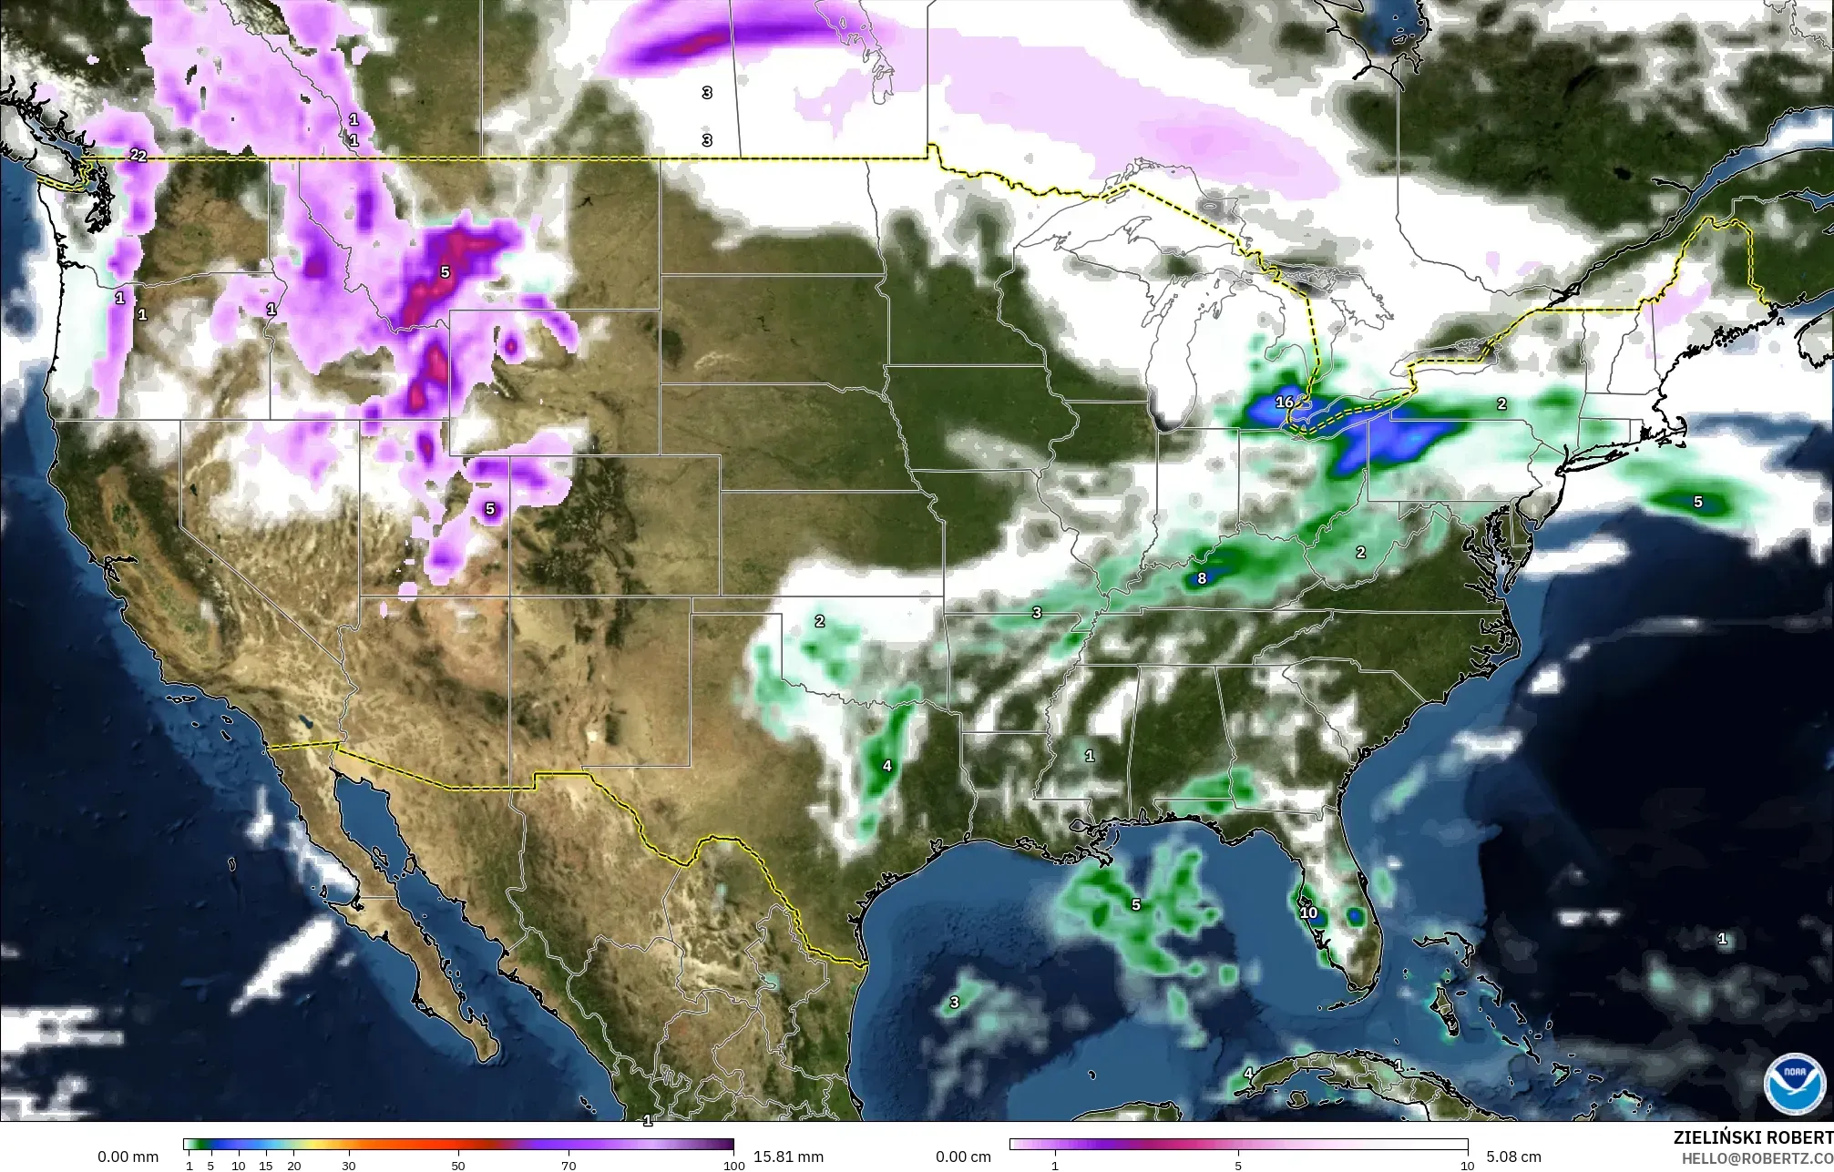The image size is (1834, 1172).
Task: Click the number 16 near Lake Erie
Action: click(x=1285, y=402)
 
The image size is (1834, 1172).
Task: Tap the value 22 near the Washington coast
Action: click(x=138, y=155)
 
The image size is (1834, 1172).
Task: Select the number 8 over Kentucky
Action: click(x=1202, y=578)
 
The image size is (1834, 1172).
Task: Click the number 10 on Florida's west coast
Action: click(x=1308, y=912)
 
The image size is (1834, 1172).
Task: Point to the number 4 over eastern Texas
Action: click(x=886, y=766)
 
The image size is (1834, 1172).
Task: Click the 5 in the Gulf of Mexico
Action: click(x=1135, y=904)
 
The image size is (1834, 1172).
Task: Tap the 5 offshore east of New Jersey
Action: click(x=1697, y=502)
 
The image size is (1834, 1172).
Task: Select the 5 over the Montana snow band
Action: click(x=445, y=272)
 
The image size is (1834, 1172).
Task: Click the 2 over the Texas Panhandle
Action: click(x=819, y=621)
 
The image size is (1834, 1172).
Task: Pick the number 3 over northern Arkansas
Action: click(x=1037, y=613)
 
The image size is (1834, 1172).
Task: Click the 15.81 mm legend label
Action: click(x=788, y=1157)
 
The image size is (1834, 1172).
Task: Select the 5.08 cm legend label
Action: click(x=1513, y=1157)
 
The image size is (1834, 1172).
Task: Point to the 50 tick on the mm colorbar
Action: click(x=458, y=1165)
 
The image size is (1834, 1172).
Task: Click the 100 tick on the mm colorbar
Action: click(x=733, y=1165)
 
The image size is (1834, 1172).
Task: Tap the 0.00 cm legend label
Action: click(x=963, y=1157)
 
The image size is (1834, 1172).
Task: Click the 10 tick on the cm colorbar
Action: click(x=1467, y=1165)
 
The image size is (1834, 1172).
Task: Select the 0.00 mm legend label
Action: click(x=128, y=1157)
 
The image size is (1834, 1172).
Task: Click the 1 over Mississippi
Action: click(x=1089, y=756)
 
